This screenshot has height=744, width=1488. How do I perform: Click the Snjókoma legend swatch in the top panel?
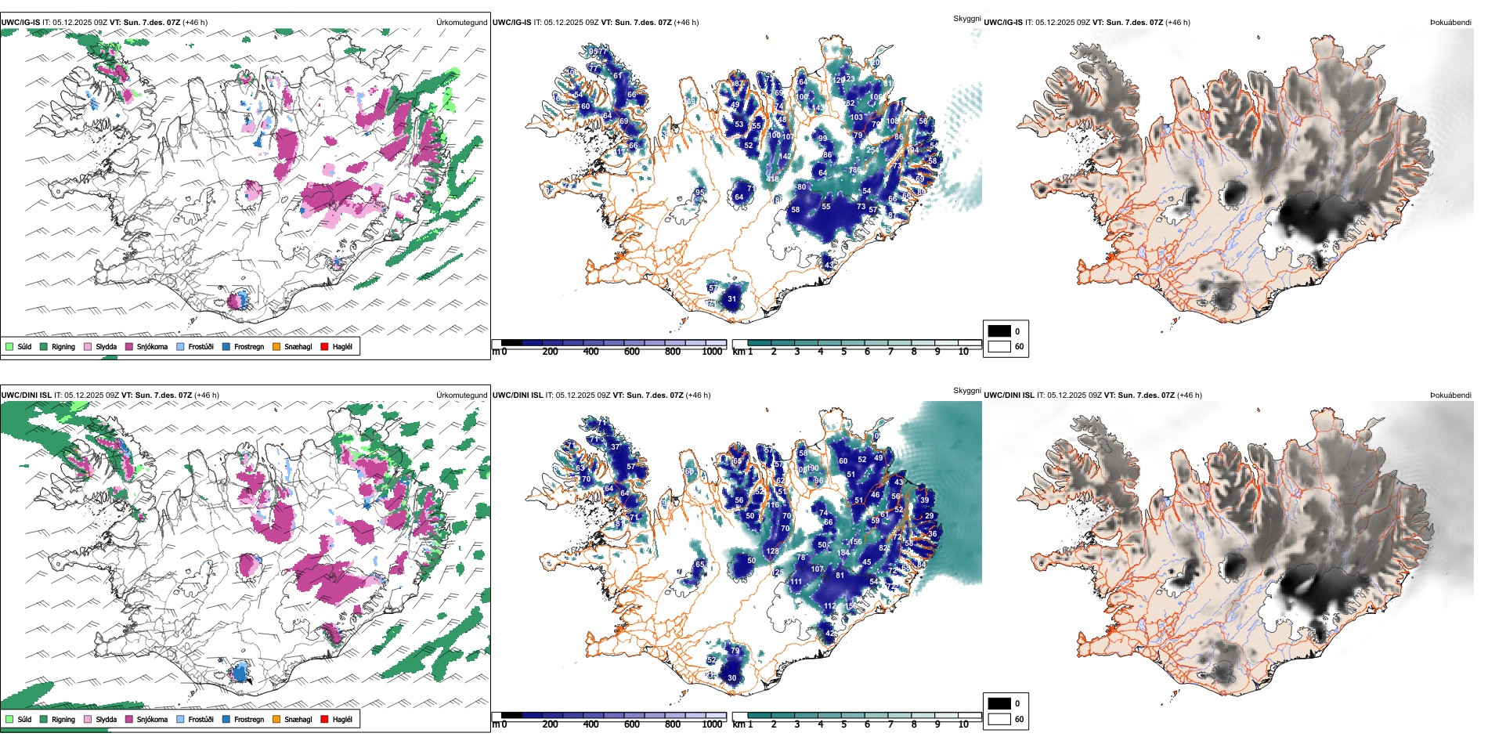129,346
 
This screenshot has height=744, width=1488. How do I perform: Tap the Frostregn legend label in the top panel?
249,346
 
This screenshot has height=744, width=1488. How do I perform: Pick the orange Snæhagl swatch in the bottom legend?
276,719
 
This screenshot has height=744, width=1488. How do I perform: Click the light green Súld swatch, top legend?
9,346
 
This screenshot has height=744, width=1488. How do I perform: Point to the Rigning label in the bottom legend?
63,719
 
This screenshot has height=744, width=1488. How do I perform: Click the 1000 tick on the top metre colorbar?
712,352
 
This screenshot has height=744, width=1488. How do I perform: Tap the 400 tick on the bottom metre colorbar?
591,724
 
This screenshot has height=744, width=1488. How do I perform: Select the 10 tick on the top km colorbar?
963,352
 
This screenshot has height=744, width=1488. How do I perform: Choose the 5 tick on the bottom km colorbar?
843,724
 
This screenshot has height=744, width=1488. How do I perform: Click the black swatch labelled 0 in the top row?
999,331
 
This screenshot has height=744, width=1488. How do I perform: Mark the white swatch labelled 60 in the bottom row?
999,719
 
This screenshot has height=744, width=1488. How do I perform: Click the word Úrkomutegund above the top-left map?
461,23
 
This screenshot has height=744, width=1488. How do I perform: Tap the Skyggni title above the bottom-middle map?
966,391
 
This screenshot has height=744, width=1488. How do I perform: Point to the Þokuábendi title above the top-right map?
1450,23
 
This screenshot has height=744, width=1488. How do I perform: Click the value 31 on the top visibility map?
731,299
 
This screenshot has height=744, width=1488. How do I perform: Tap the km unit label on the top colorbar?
739,352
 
